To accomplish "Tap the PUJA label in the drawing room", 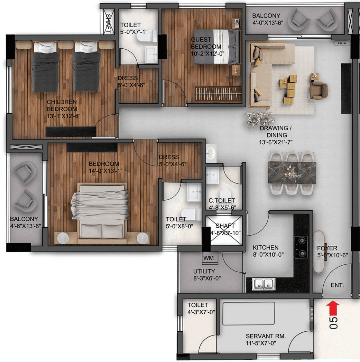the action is (342, 43).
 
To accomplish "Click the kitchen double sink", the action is (263, 284).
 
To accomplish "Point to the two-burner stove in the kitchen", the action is (301, 247).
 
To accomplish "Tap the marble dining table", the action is (292, 172).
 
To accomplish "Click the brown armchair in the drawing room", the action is (319, 90).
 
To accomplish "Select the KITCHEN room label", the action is (266, 248).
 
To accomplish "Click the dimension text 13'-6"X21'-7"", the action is (276, 142).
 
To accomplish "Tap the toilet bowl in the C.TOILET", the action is (225, 193).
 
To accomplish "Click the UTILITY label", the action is (204, 271).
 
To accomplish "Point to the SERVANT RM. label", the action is (266, 336).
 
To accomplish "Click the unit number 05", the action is (333, 323).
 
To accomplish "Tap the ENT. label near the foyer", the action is (337, 285).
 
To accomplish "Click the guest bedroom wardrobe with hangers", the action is (218, 94).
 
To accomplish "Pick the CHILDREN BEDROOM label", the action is (62, 106).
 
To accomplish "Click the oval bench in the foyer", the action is (319, 252).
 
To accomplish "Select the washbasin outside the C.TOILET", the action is (211, 153).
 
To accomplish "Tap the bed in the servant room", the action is (249, 314).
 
